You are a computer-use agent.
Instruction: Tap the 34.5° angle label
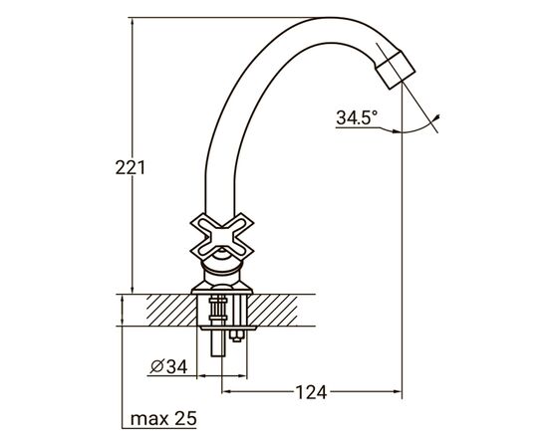[357, 117]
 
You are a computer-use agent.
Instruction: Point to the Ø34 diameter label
[168, 367]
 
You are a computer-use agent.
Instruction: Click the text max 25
[164, 419]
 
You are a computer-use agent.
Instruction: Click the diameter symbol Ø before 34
[156, 367]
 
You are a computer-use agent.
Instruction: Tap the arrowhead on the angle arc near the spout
[438, 118]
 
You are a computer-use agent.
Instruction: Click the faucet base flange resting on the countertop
[220, 289]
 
